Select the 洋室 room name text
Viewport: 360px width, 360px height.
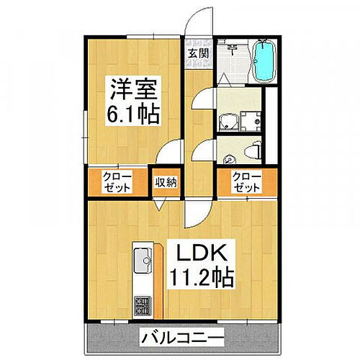point(134,91)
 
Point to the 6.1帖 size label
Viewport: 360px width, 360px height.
point(134,114)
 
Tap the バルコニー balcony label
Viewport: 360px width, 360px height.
point(181,336)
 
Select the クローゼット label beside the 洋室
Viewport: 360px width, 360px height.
point(116,182)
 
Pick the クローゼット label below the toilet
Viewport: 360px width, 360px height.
point(245,182)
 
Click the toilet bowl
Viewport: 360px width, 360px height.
point(251,150)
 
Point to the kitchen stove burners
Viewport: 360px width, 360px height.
point(141,305)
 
